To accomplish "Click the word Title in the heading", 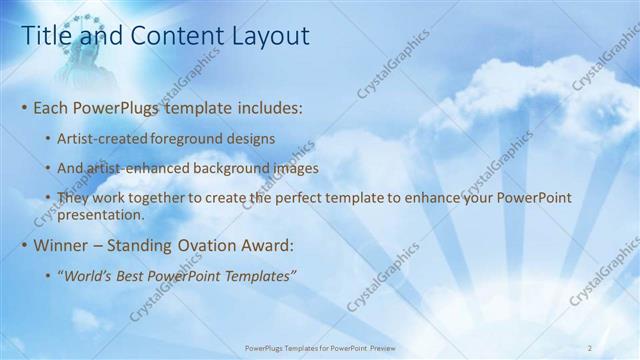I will tap(47, 36).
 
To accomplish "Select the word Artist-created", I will tap(103, 137).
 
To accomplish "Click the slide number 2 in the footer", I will tap(590, 347).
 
